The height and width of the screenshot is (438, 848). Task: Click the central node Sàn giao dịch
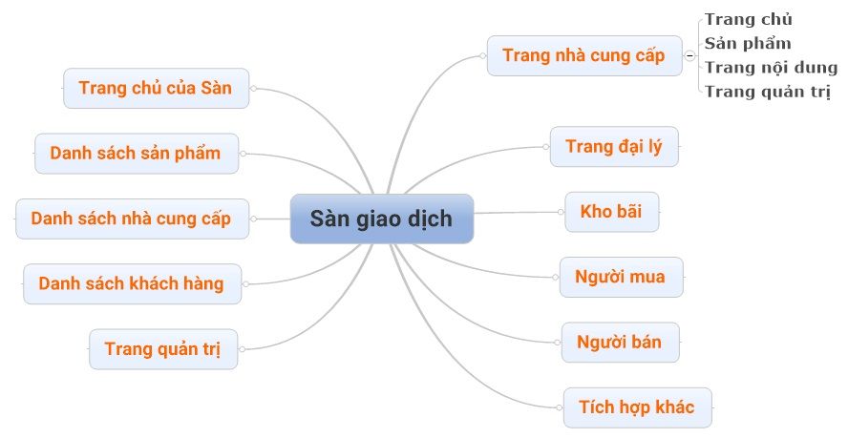pyautogui.click(x=381, y=219)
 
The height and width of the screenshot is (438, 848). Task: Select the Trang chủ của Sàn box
pyautogui.click(x=156, y=88)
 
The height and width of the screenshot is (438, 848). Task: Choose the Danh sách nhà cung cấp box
pyautogui.click(x=131, y=219)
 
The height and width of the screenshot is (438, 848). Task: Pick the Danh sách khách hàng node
pyautogui.click(x=131, y=283)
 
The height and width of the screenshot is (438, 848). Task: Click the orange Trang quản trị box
pyautogui.click(x=162, y=348)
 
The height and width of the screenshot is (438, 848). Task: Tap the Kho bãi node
pyautogui.click(x=611, y=212)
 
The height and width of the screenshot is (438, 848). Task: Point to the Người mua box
pyautogui.click(x=620, y=277)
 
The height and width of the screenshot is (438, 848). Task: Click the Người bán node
pyautogui.click(x=620, y=342)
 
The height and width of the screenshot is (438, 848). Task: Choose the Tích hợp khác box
pyautogui.click(x=637, y=407)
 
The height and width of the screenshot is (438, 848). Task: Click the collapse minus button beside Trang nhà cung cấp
pyautogui.click(x=689, y=55)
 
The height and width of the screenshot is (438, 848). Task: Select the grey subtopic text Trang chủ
pyautogui.click(x=749, y=19)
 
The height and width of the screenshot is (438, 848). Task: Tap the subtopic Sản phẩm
pyautogui.click(x=748, y=43)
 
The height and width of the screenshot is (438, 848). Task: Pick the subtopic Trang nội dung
pyautogui.click(x=771, y=68)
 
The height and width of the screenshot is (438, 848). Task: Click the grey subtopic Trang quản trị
pyautogui.click(x=767, y=92)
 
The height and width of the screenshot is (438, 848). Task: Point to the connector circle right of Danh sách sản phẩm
pyautogui.click(x=243, y=153)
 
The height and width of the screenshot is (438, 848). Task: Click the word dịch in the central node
pyautogui.click(x=430, y=219)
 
